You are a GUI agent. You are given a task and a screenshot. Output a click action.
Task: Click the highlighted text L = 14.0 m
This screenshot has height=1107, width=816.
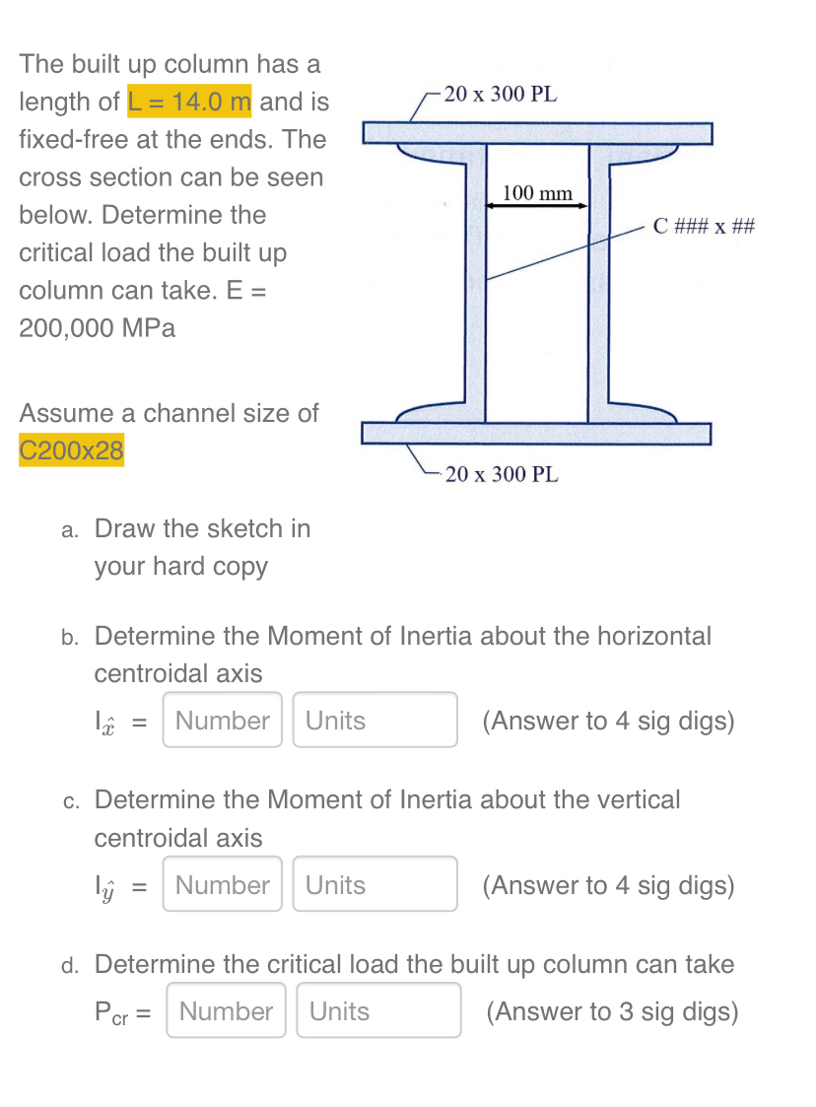pos(190,102)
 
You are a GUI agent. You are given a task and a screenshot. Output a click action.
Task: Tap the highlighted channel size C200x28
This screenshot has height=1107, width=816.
pos(72,450)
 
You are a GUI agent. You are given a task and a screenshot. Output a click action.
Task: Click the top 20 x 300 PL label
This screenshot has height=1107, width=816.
pos(500,95)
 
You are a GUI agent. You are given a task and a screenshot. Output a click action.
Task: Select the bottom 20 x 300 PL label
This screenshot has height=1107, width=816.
pos(502,474)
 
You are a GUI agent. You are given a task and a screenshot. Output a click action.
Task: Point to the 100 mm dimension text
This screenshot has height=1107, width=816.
pos(537,192)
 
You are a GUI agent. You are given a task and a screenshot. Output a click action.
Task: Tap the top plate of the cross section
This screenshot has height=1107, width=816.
pos(536,132)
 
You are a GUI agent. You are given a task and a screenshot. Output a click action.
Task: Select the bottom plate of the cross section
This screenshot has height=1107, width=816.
pos(536,434)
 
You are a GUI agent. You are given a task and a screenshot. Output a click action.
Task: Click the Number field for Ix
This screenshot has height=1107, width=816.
pos(223,721)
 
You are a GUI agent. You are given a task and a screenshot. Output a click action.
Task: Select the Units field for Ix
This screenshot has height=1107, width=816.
pos(374,721)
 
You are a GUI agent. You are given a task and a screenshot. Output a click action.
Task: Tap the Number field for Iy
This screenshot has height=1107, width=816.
pos(223,885)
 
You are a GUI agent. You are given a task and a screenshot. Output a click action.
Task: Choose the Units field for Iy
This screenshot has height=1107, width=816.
pos(374,885)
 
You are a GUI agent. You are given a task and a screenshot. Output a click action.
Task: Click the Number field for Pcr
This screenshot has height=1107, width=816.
pos(227,1010)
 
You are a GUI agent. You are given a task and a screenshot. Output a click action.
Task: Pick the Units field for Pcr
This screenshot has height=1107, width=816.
pos(378,1010)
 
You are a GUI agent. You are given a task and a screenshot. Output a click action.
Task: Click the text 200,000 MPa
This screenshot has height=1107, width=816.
pos(98,328)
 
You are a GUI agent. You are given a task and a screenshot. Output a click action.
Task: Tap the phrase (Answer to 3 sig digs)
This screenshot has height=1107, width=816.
pos(612,1011)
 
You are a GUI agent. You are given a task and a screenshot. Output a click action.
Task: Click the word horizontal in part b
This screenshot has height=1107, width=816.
pos(648,636)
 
